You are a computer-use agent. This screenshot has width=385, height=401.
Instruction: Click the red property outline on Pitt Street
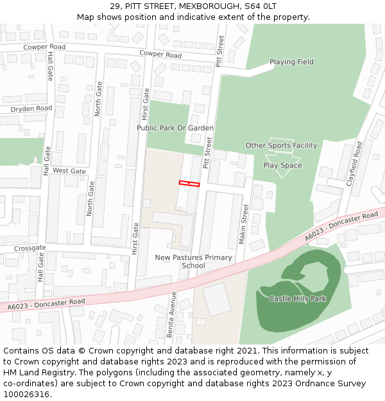tap(189, 184)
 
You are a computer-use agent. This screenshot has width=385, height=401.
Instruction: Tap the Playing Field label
tap(291, 62)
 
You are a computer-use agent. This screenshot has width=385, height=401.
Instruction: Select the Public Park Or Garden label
tap(175, 128)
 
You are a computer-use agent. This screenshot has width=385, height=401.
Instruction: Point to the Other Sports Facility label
tap(281, 146)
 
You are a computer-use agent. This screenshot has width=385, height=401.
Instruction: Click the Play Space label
tap(282, 166)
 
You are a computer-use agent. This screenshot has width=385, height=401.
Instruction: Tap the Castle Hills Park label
tap(297, 298)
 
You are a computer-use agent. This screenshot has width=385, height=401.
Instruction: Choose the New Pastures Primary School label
tap(193, 262)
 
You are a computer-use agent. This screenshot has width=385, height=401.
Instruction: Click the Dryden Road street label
tap(31, 108)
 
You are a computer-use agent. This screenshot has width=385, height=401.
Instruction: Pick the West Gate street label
tap(69, 171)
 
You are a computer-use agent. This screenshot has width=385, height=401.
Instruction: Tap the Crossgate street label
tap(30, 248)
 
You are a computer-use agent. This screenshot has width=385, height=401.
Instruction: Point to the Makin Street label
tap(244, 224)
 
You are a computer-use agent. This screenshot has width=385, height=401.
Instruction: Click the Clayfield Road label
tap(354, 164)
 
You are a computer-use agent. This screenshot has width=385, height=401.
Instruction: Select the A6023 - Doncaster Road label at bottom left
tap(46, 304)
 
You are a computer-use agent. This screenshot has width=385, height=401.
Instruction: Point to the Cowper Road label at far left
tap(44, 47)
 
